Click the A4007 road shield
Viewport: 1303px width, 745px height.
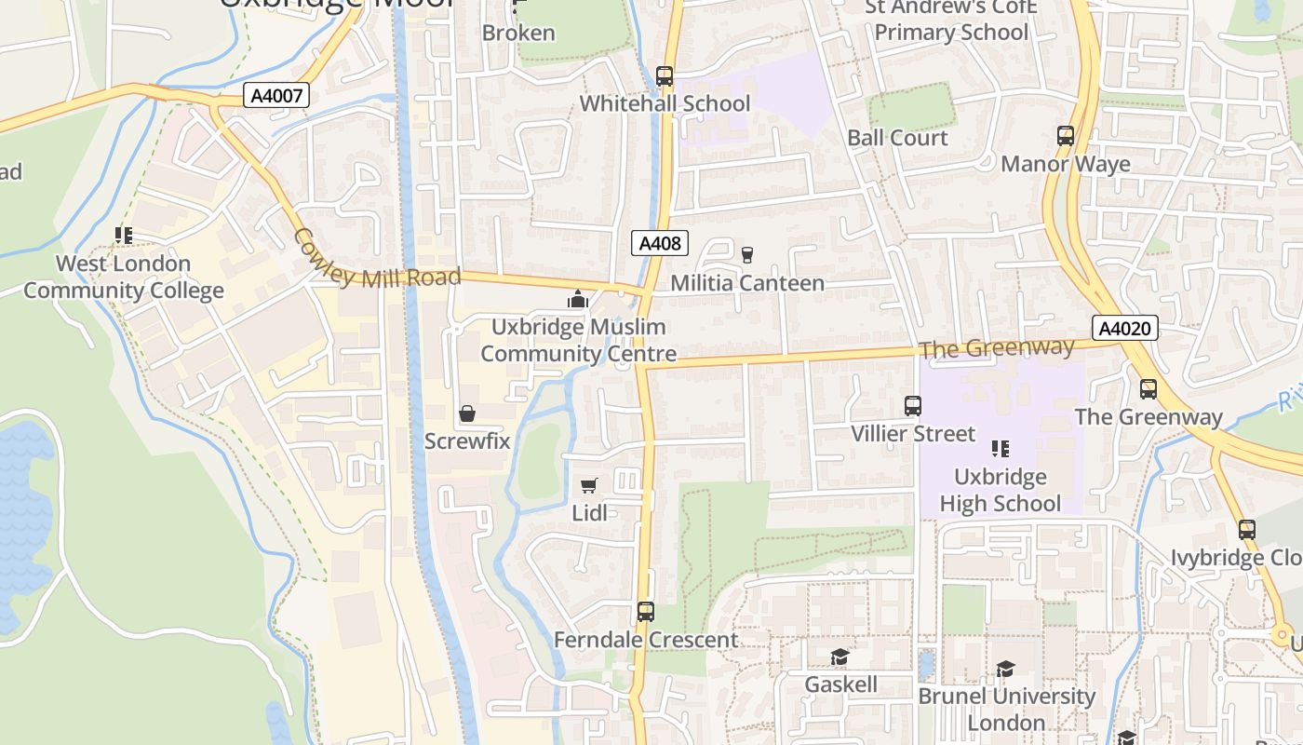pyautogui.click(x=275, y=94)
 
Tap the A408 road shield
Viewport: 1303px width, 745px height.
pyautogui.click(x=659, y=244)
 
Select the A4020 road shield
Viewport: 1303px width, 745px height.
pyautogui.click(x=1124, y=328)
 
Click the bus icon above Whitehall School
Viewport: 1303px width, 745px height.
pyautogui.click(x=665, y=76)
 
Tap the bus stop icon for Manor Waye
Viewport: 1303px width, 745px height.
pyautogui.click(x=1066, y=136)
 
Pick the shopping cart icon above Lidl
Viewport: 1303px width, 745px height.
pyautogui.click(x=588, y=485)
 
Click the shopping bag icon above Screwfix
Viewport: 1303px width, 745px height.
pyautogui.click(x=467, y=413)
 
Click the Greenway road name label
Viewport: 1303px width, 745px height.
pyautogui.click(x=996, y=348)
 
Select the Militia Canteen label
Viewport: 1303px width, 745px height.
pyautogui.click(x=747, y=283)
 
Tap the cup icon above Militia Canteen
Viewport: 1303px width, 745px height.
pyautogui.click(x=746, y=254)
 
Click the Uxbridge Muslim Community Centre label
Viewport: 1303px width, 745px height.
pyautogui.click(x=578, y=341)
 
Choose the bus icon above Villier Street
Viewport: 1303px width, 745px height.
pyautogui.click(x=913, y=406)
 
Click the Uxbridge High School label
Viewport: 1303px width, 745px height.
pyautogui.click(x=1000, y=490)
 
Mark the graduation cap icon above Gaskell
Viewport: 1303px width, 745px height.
pyautogui.click(x=840, y=657)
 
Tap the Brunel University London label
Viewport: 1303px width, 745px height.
pyautogui.click(x=1006, y=710)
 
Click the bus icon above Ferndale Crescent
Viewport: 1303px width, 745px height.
pyautogui.click(x=646, y=612)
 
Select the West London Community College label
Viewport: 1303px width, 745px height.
pyautogui.click(x=124, y=277)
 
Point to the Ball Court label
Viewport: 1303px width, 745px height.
pyautogui.click(x=897, y=138)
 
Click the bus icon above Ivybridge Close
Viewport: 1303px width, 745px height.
pyautogui.click(x=1247, y=530)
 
